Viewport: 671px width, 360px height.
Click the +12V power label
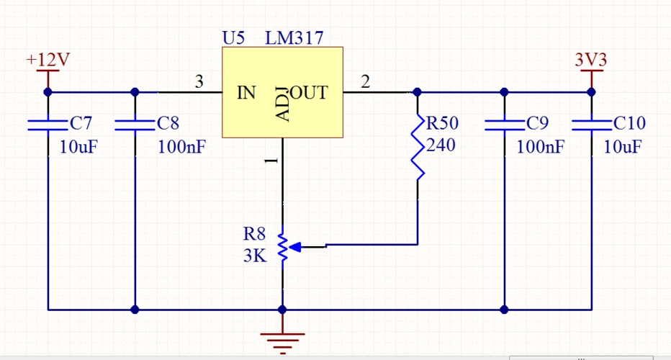(48, 59)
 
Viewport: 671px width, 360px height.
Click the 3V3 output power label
(591, 59)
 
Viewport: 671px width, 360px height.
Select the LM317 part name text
(294, 38)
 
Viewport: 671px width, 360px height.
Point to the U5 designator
(234, 38)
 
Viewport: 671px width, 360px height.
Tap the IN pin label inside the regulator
(246, 92)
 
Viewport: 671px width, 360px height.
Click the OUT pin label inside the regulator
(310, 92)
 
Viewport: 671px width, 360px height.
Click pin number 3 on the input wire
(199, 83)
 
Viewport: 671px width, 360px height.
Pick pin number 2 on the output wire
(365, 83)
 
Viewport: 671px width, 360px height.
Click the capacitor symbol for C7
(48, 125)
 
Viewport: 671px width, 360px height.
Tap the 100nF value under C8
(182, 148)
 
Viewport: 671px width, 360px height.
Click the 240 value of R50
(441, 145)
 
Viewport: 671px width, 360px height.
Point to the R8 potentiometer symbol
(283, 246)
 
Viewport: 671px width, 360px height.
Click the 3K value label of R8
(255, 255)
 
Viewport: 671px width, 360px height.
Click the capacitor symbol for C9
(504, 125)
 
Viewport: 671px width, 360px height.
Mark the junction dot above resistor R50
(418, 92)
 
